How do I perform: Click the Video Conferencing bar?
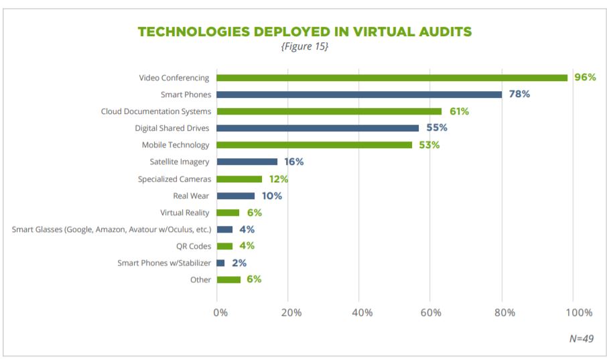pyautogui.click(x=392, y=78)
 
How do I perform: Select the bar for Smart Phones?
pyautogui.click(x=359, y=95)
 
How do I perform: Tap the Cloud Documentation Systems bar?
pyautogui.click(x=329, y=111)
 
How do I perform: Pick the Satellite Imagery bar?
pyautogui.click(x=247, y=162)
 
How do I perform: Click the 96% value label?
pyautogui.click(x=584, y=78)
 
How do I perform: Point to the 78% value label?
pyautogui.click(x=519, y=95)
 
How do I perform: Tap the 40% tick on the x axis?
pyautogui.click(x=362, y=312)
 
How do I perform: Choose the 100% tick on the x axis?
pyautogui.click(x=579, y=312)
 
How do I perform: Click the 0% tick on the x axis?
pyautogui.click(x=220, y=312)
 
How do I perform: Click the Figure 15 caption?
pyautogui.click(x=304, y=47)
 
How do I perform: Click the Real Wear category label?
pyautogui.click(x=191, y=196)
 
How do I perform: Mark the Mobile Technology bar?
pyautogui.click(x=314, y=145)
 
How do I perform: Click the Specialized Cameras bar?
pyautogui.click(x=239, y=179)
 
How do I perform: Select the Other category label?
pyautogui.click(x=200, y=280)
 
